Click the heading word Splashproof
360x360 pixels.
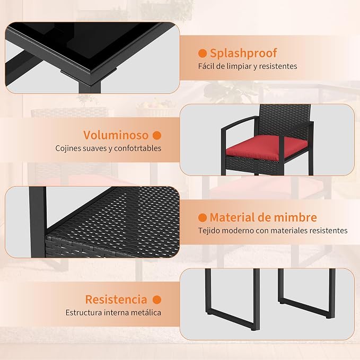(x=243, y=54)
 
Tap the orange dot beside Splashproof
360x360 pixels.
(x=203, y=53)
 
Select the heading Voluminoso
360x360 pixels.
(x=116, y=135)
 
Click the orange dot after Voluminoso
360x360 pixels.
(x=157, y=135)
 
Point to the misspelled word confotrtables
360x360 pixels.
(x=137, y=148)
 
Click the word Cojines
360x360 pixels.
(x=68, y=148)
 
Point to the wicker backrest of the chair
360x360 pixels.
(x=285, y=119)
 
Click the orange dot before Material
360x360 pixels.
(x=203, y=217)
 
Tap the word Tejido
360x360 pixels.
(x=208, y=231)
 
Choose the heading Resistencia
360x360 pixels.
(x=116, y=300)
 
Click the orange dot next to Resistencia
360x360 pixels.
(x=157, y=300)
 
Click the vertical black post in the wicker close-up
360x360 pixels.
(x=38, y=222)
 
